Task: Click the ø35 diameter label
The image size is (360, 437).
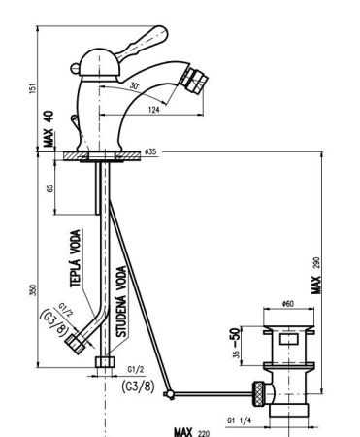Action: (x=148, y=152)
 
